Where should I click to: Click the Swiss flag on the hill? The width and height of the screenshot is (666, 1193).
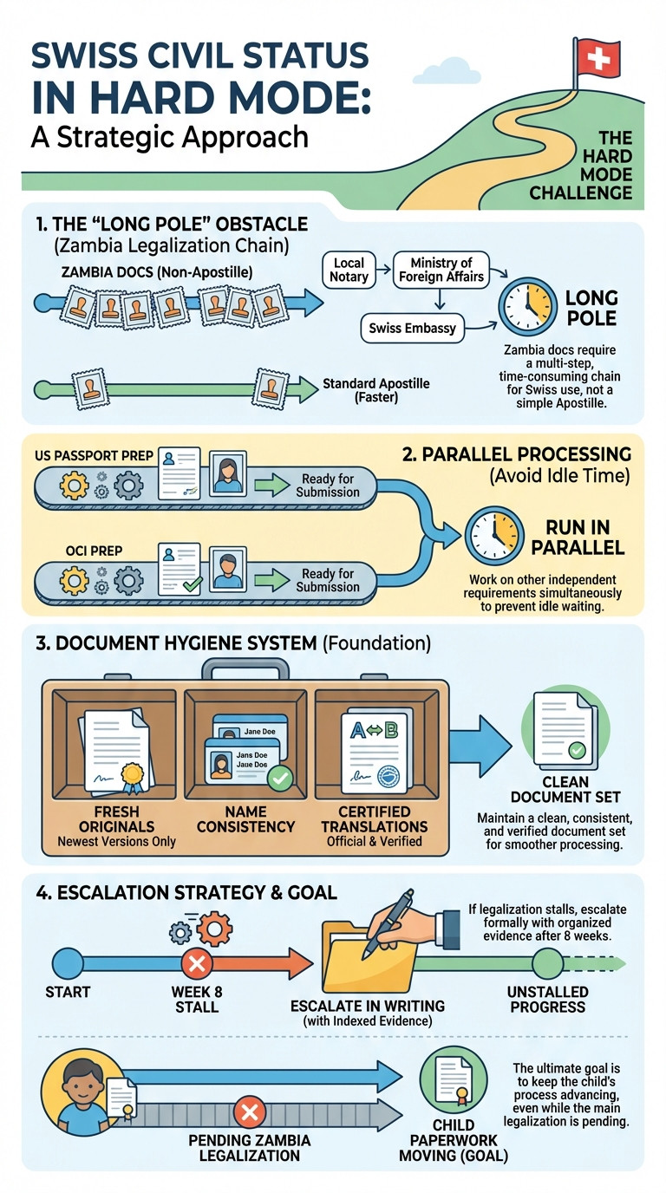[597, 56]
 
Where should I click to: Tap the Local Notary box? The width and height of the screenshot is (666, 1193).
[349, 270]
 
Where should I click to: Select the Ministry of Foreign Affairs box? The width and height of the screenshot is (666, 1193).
[441, 270]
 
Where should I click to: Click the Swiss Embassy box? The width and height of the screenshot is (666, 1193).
[413, 328]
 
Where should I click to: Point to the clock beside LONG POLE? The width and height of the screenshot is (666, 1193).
[528, 306]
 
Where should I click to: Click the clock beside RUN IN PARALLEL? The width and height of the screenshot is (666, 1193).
[494, 535]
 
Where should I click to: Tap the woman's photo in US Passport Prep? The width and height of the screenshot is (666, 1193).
[227, 473]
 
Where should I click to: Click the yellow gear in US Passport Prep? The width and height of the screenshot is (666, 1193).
[74, 484]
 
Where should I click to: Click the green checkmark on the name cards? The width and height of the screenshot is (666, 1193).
[280, 778]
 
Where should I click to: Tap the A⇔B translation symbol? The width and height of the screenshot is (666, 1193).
[374, 731]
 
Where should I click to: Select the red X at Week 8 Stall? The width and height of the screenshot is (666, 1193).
[197, 963]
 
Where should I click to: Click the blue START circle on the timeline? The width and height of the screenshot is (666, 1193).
[68, 963]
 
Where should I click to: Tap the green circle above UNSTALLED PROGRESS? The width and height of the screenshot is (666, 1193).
[548, 963]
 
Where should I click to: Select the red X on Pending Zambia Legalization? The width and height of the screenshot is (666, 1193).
[250, 1112]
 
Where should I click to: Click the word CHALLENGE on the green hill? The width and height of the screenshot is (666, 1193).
[580, 192]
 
